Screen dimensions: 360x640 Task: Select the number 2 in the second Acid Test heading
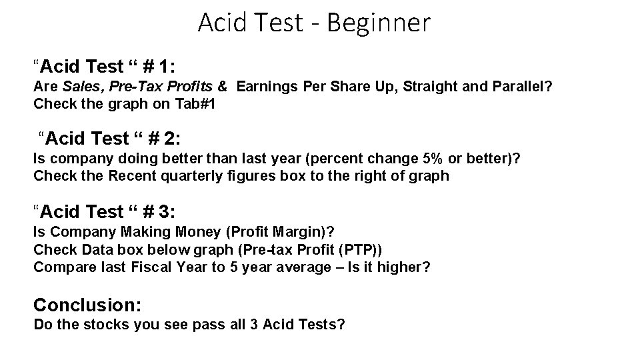pos(171,139)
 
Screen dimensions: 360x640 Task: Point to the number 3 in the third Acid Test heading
pos(166,212)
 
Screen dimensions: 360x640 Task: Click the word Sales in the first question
pos(79,86)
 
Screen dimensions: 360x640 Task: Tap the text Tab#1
pos(196,104)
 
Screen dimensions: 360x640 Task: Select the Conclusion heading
pos(87,305)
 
